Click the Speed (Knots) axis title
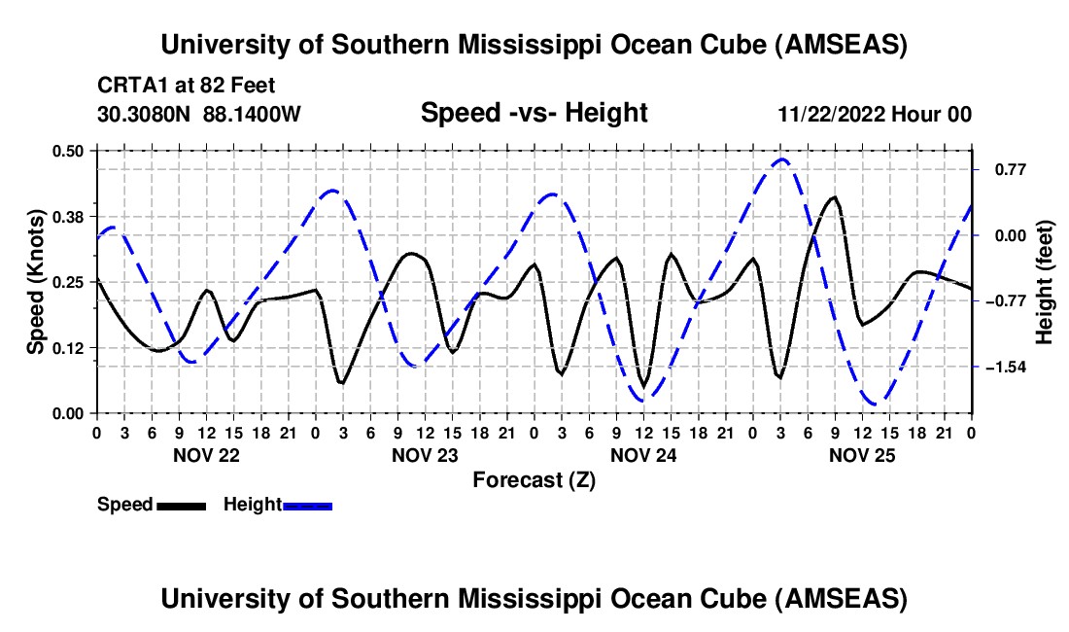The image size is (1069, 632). pos(36,282)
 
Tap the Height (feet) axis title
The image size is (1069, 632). pos(1045,282)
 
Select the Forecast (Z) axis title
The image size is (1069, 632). pos(534,479)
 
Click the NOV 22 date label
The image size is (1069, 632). pos(206,455)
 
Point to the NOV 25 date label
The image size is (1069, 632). pos(862,455)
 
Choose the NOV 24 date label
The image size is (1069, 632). pos(643,455)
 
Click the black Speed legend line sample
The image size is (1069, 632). pos(180,505)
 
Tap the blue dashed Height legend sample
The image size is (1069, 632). pos(307,505)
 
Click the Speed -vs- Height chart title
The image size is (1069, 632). pos(534,113)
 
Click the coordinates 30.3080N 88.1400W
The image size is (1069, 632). pos(199,114)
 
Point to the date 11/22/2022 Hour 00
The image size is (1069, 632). pos(875,114)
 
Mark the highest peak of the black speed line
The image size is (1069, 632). pos(833,197)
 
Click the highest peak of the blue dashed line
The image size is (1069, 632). pos(781,158)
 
